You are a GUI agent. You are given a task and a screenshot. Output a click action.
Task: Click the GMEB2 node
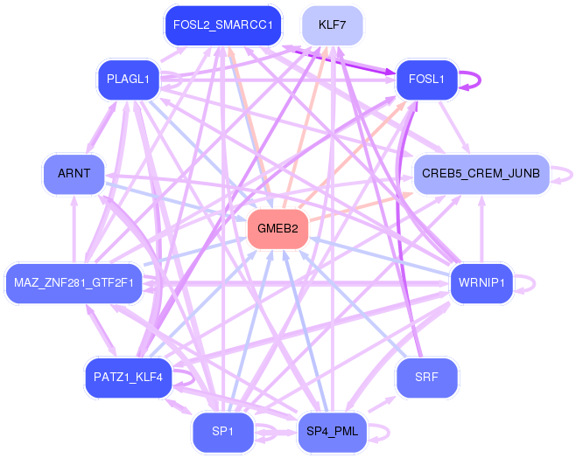(277, 229)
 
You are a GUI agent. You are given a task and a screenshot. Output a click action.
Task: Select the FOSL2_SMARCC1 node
(223, 25)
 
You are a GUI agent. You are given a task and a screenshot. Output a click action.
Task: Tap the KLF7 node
(332, 25)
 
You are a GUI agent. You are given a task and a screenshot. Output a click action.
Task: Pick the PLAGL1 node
(128, 80)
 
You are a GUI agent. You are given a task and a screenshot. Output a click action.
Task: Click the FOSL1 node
(427, 80)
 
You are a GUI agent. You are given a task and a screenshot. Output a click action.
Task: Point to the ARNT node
(74, 174)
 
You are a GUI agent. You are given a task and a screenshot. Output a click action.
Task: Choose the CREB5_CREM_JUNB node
(481, 174)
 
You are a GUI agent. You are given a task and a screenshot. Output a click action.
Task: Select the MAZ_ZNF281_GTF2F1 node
(74, 283)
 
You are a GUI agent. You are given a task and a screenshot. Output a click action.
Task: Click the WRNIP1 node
(481, 283)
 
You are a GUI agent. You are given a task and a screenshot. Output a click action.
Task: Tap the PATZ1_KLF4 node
(128, 378)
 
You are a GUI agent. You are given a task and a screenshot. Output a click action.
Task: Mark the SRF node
(427, 378)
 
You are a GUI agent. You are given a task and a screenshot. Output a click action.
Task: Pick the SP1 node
(223, 432)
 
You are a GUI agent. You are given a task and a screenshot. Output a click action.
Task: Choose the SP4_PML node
(332, 432)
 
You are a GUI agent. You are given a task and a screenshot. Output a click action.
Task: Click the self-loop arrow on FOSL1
(480, 80)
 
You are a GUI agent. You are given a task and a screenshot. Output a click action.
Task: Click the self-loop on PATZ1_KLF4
(193, 378)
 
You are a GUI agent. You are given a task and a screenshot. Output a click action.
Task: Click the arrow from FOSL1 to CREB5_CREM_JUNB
(454, 128)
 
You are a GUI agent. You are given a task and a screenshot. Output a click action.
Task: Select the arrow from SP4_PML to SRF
(382, 404)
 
